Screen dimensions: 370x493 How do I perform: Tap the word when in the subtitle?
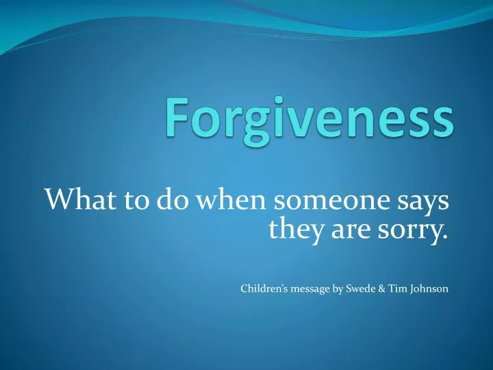(221, 201)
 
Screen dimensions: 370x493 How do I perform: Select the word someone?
(320, 201)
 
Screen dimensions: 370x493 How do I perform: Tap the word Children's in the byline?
(264, 289)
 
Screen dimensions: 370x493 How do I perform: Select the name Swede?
(365, 289)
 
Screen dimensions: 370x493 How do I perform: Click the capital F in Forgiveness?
(180, 121)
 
